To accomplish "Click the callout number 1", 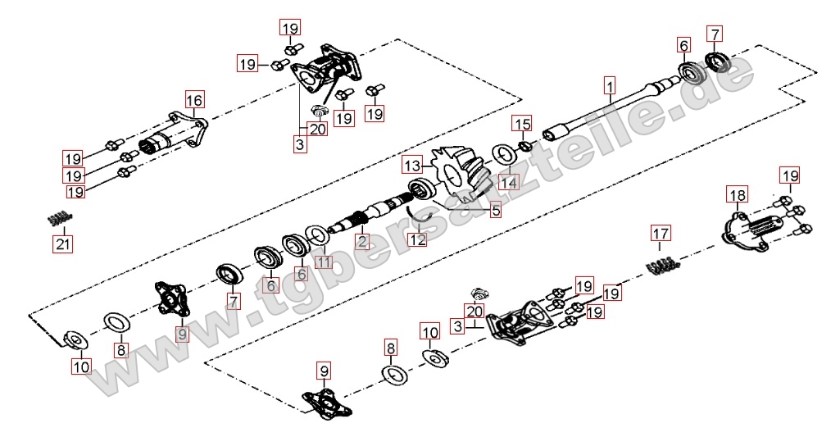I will point(609,84).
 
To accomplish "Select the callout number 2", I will point(361,241).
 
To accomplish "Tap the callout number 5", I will point(496,211).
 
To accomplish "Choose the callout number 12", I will point(418,240).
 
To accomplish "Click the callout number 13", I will point(411,166).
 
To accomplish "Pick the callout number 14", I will point(508,182).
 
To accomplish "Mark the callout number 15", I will point(521,124).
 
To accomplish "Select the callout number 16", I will point(193,101).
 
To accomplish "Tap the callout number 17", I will point(661,234).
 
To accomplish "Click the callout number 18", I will point(737,194).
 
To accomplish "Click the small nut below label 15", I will point(527,148).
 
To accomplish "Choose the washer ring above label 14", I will point(503,155).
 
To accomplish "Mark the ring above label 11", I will point(317,235).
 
